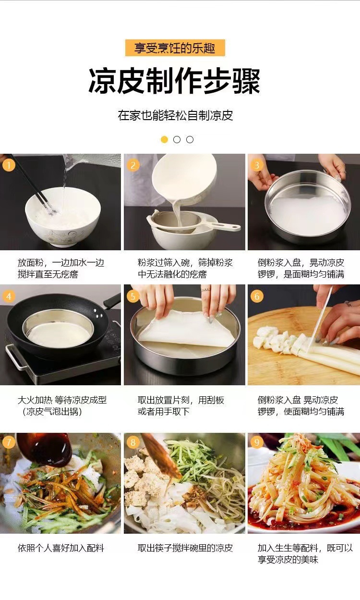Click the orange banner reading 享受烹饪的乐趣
(x=175, y=48)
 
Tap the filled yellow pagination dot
(x=164, y=140)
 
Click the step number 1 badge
(x=9, y=165)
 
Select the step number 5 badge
(x=133, y=296)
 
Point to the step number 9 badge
(x=257, y=442)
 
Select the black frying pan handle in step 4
(x=112, y=301)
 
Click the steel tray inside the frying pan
(x=59, y=329)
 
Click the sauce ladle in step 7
(x=46, y=450)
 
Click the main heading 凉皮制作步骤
(x=174, y=81)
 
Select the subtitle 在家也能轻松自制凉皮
(x=175, y=115)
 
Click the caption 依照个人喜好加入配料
(x=61, y=548)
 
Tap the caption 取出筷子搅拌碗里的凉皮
(x=185, y=548)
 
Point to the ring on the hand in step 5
(x=205, y=290)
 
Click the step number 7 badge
(x=9, y=442)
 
